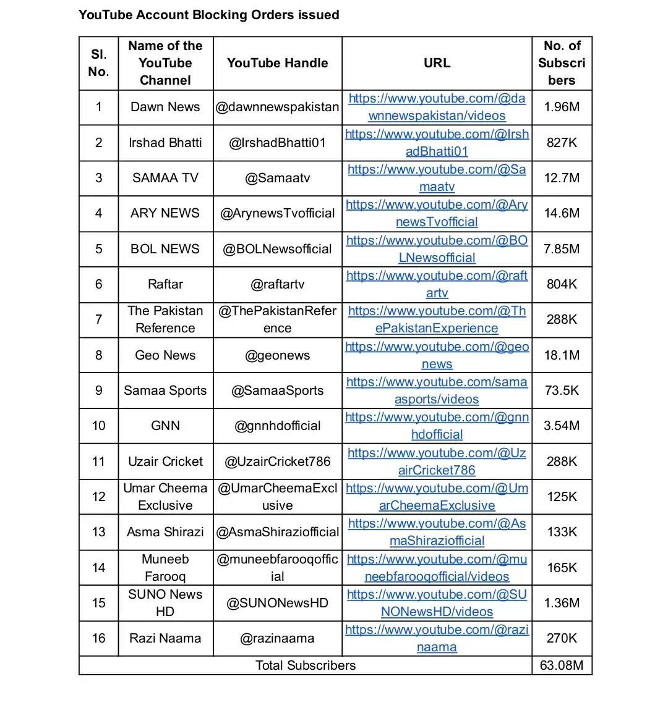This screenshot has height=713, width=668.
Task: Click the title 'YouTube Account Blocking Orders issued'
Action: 208,15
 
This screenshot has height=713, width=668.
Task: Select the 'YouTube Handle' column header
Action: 277,63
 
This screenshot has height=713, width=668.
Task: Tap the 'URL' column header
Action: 437,63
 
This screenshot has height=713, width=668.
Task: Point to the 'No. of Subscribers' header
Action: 562,63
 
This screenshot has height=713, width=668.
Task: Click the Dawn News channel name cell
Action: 165,107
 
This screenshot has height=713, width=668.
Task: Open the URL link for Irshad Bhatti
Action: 437,143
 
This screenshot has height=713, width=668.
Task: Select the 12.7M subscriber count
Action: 562,178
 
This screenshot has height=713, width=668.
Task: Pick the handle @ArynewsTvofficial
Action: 277,213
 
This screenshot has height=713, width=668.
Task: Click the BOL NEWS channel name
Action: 165,249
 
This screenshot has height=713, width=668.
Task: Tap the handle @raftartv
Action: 277,284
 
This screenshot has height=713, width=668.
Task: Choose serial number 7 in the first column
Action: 98,319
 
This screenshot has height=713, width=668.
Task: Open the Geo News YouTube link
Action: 437,355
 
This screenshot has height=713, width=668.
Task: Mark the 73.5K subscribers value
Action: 562,390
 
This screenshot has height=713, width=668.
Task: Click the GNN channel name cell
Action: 165,426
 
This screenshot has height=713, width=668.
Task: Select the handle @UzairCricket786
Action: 277,462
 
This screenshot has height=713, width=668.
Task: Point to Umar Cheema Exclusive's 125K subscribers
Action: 562,497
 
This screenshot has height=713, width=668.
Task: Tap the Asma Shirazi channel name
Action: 165,532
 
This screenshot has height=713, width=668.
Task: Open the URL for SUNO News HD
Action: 437,603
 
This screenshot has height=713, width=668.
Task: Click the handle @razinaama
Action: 277,638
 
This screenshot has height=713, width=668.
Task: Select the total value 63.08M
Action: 562,665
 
